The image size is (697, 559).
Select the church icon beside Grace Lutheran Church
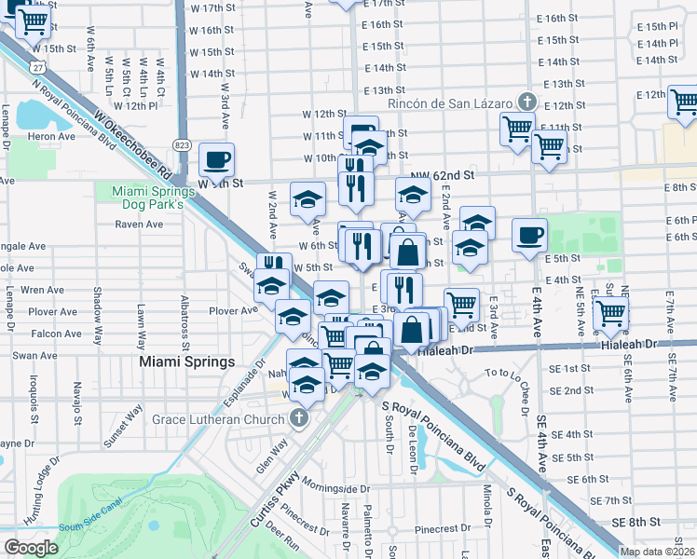click(x=298, y=418)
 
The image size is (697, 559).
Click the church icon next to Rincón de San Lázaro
click(x=526, y=102)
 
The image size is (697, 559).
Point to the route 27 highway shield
click(x=35, y=67)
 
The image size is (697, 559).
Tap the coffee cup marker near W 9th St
click(x=217, y=159)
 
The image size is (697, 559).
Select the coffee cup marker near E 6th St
click(x=530, y=235)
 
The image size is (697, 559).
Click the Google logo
click(x=31, y=547)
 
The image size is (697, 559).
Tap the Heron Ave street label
click(x=51, y=136)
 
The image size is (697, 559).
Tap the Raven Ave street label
click(x=139, y=224)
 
